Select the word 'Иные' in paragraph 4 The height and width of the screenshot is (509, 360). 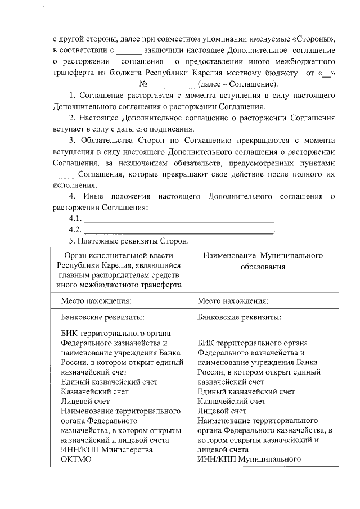(93, 197)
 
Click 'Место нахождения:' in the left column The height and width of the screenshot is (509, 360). (96, 301)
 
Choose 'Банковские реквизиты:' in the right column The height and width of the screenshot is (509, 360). (240, 317)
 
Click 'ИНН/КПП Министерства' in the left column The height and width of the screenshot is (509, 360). (106, 449)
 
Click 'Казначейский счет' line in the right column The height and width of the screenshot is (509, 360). (232, 402)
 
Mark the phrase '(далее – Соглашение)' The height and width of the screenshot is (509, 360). (238, 84)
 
